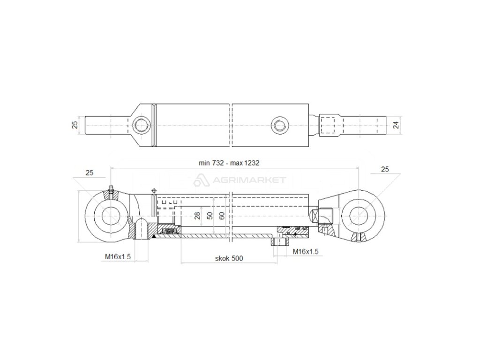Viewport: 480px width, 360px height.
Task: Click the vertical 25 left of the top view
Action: click(74, 125)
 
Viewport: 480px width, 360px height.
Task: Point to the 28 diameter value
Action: click(197, 216)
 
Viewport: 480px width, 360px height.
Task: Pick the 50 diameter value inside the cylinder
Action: click(210, 216)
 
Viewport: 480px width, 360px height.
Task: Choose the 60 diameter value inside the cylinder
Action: click(221, 216)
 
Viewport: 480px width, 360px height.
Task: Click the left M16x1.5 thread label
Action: click(117, 256)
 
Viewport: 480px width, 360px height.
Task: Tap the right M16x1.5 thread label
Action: click(305, 252)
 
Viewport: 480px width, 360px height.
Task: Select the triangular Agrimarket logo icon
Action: click(202, 180)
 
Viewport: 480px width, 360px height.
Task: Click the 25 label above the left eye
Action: click(90, 172)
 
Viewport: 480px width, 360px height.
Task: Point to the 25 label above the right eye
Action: click(385, 169)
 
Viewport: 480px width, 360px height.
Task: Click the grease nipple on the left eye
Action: click(111, 191)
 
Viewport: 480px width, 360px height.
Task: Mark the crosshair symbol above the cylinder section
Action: click(153, 191)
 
